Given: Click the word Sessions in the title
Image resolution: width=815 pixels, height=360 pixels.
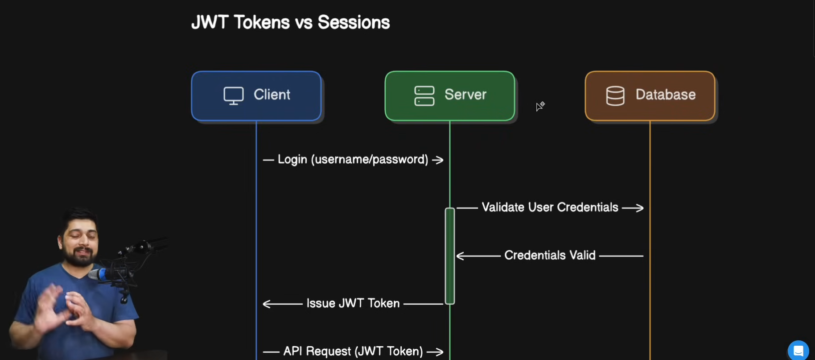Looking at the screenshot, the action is [354, 22].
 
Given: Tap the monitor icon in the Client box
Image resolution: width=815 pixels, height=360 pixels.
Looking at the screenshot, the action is [234, 95].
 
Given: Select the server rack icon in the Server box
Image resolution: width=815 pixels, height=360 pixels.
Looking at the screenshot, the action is [424, 95].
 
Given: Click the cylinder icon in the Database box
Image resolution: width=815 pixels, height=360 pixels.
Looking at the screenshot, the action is [615, 95].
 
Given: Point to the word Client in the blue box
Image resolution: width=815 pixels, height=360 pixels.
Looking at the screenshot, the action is [272, 95].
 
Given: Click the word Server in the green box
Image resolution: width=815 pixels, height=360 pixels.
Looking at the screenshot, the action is [465, 95].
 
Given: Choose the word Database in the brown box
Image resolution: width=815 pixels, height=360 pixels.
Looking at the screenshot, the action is [666, 95].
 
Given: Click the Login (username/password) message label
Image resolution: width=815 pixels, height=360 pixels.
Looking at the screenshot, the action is [353, 159].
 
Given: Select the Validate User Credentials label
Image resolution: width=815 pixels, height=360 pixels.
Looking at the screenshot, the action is [550, 207].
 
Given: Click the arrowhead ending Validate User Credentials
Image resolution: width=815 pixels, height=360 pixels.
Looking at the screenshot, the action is [639, 208].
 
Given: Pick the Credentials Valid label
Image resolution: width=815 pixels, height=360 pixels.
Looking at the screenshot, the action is [550, 255].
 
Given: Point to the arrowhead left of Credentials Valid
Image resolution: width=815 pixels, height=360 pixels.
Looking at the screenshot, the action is [461, 256].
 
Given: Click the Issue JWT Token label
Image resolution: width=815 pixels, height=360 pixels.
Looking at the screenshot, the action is [353, 303].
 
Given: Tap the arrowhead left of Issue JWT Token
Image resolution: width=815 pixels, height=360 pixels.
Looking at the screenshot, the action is [268, 304].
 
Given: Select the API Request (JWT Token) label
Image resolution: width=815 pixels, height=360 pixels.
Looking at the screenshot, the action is [353, 351].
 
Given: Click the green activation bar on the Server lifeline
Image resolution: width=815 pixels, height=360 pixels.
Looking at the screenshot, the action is [450, 256].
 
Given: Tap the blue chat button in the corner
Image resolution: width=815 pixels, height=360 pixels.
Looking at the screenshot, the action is [798, 351].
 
